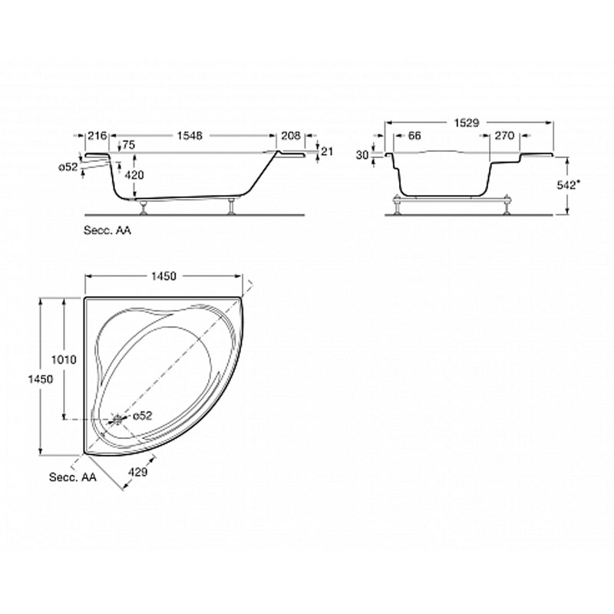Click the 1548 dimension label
[x=190, y=136]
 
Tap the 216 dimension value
[x=97, y=136]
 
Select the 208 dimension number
[x=291, y=136]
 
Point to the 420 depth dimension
[x=134, y=175]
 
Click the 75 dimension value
[x=128, y=145]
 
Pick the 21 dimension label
[x=327, y=150]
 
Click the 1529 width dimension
[x=467, y=123]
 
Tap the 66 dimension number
[x=414, y=136]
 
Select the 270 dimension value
[x=504, y=136]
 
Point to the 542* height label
[x=566, y=185]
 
